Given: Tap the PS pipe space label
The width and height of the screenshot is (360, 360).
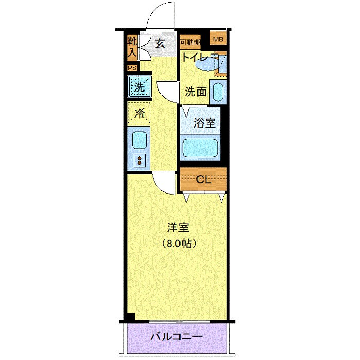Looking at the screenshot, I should pos(132,68).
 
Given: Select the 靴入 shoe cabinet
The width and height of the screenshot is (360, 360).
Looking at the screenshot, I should pos(132,46).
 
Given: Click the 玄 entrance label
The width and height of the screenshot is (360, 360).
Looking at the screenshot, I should pos(159,44).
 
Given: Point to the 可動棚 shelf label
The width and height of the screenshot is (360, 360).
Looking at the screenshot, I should pos(190,42).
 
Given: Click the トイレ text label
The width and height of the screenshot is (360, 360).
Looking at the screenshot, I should pos(195,58).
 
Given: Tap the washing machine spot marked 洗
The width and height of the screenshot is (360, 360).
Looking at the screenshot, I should pos(139,87).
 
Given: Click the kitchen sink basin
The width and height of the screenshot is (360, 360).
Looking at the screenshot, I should pos(139,139).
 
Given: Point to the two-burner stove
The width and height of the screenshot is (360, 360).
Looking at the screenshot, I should pos(139,160).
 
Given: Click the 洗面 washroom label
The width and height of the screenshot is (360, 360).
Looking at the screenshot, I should pos(195,92).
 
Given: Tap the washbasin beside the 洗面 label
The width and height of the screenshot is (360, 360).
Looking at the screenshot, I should pos(218,93).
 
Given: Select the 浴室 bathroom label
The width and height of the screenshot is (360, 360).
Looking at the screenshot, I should pos(205,123).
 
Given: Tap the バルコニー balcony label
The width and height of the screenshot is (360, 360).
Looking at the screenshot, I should pos(176,337).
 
